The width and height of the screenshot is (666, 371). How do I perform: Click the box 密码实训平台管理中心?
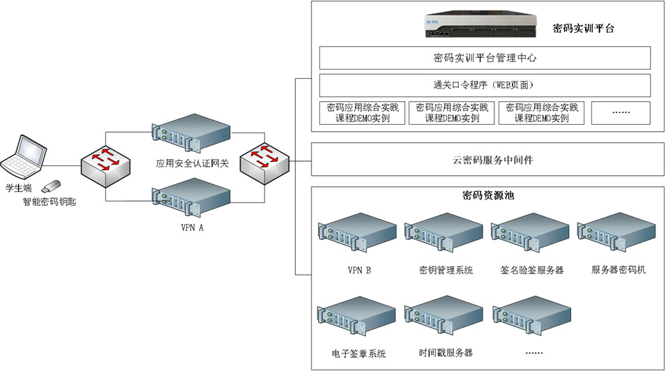[484, 58]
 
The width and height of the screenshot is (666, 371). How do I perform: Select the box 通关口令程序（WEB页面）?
[484, 85]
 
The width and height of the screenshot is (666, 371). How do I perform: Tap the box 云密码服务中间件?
[484, 160]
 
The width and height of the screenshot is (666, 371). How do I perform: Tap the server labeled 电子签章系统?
[358, 319]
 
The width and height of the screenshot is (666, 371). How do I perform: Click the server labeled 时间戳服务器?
[445, 319]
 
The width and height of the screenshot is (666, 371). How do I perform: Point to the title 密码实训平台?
[583, 28]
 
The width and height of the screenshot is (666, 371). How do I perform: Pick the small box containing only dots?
[621, 113]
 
